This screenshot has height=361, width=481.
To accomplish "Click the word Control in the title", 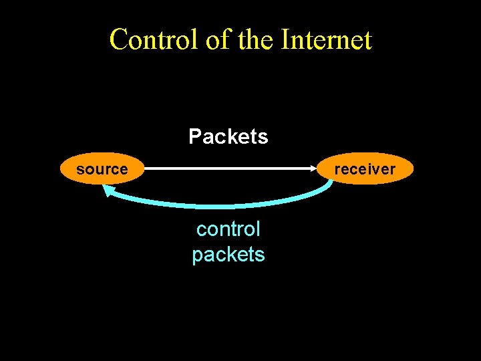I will point(154,39).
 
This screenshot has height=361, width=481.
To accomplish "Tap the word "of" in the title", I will point(218,39).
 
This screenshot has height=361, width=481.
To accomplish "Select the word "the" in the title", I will point(255,39).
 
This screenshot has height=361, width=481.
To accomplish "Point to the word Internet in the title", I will point(326,39).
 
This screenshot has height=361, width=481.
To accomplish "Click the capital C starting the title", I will point(119,39).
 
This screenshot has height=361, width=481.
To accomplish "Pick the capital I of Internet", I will point(285,39).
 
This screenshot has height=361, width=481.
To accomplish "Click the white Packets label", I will point(228,137).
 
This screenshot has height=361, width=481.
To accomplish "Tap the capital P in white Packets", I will point(195,137).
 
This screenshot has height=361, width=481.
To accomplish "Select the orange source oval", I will point(102,169).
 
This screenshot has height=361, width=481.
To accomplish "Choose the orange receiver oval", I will point(365,169).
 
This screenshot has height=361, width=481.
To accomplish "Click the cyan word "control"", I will point(228,229).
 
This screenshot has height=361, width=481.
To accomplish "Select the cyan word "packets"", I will point(228,255).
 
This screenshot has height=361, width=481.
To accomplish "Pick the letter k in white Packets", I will point(233,137).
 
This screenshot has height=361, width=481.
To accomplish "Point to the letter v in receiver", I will point(375,170).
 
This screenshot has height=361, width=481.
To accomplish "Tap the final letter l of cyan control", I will point(258,229).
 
